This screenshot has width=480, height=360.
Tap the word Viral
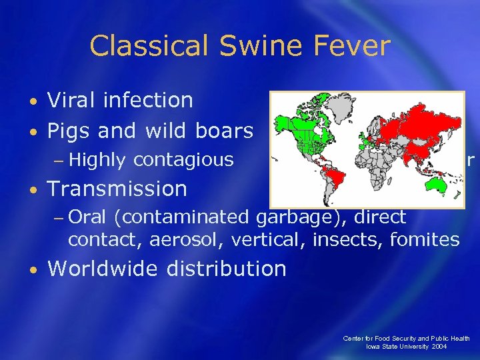[74, 101]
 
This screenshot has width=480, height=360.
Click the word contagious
[183, 160]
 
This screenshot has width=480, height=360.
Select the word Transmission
[117, 189]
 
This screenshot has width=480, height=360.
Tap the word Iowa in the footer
[373, 347]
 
